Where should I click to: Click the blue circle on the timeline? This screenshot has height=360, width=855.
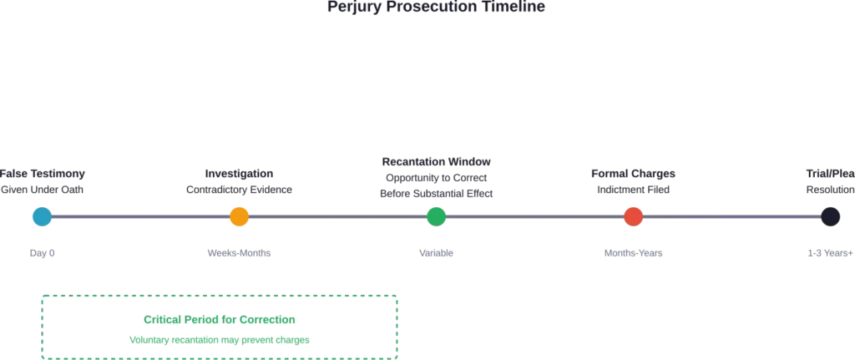click(40, 216)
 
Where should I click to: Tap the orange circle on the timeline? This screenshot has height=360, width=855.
click(239, 216)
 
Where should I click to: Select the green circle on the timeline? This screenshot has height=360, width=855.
click(436, 216)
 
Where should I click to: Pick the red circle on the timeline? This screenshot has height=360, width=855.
click(634, 216)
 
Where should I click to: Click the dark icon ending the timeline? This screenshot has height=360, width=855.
click(830, 215)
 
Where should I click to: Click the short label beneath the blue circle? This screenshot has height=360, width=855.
click(43, 254)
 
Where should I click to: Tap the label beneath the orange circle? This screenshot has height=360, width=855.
click(240, 254)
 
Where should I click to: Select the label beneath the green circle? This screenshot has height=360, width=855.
click(434, 254)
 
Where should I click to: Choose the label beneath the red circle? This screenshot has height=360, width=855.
click(634, 254)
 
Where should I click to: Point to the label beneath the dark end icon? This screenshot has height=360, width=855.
click(827, 254)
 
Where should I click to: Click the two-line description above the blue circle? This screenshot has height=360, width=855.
click(42, 180)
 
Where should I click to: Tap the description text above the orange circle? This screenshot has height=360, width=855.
click(237, 180)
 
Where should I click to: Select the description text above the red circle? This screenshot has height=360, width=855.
click(634, 180)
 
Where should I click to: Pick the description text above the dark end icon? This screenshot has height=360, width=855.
click(827, 180)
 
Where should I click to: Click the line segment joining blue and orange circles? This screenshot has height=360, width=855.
click(139, 217)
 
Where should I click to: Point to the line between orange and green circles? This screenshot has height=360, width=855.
click(337, 217)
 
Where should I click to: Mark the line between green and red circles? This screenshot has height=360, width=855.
click(534, 217)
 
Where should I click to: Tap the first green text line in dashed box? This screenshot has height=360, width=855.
click(220, 320)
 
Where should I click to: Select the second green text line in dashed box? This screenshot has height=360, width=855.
click(220, 341)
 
